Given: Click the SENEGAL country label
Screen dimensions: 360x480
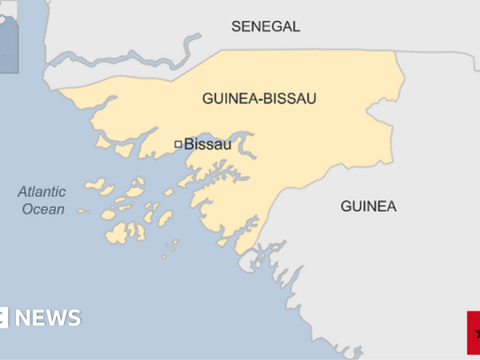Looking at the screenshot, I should click(x=266, y=26).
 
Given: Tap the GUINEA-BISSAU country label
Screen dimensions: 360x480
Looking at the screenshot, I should click(x=259, y=98).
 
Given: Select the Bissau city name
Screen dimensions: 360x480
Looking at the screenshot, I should click(x=207, y=145).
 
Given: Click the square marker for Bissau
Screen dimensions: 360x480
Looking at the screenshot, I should click(x=178, y=145).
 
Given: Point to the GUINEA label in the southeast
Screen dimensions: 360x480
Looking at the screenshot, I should click(x=368, y=206).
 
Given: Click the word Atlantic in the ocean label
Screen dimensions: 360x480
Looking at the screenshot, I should click(x=42, y=192).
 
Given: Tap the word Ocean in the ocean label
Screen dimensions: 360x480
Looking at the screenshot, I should click(x=42, y=209).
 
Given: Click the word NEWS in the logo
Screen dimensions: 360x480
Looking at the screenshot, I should click(x=48, y=318).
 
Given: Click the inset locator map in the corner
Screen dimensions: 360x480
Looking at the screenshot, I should click(x=10, y=36).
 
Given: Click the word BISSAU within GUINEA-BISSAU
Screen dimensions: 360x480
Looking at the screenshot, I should click(x=290, y=98).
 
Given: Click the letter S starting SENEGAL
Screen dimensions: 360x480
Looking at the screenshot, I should click(x=236, y=26).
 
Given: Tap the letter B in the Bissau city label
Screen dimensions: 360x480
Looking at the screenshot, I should click(x=189, y=145).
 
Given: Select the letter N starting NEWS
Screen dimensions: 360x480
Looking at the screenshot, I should click(x=23, y=318).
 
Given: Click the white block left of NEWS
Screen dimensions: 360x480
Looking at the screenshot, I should click(x=4, y=318).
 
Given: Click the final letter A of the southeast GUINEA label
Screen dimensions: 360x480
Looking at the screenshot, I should click(x=391, y=206).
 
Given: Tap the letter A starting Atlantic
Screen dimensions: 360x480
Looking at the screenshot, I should click(x=22, y=192).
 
